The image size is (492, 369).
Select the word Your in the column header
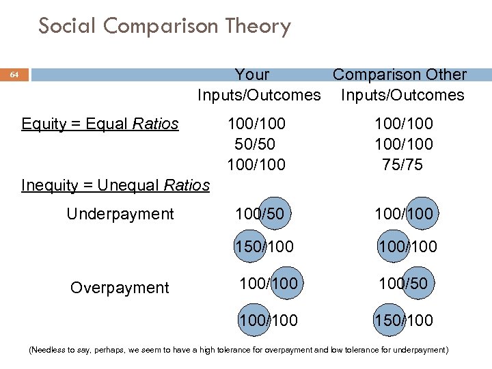point(252,74)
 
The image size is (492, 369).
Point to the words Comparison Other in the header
point(400,74)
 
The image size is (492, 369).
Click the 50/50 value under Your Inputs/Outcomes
point(257,144)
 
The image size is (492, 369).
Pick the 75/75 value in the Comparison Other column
point(403,165)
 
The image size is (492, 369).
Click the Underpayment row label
point(120,214)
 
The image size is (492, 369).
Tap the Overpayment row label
point(120,288)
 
